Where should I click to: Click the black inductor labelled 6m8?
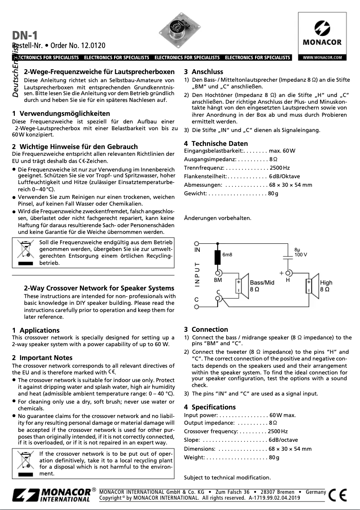(218, 257)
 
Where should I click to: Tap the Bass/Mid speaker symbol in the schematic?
(241, 286)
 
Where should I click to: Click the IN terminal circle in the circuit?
(197, 243)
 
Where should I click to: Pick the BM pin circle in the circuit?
(218, 273)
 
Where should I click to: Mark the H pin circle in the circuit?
(288, 273)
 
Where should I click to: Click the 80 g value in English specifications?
(273, 457)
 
